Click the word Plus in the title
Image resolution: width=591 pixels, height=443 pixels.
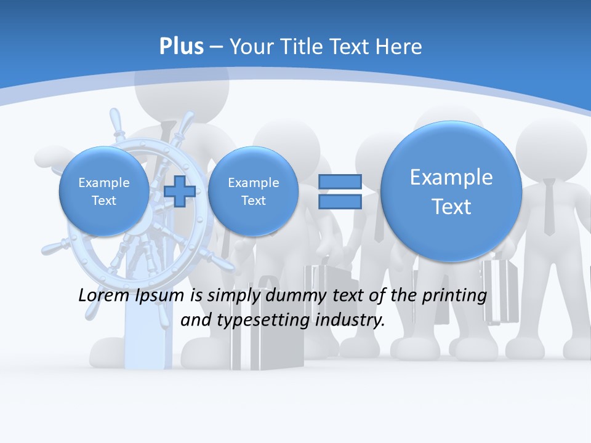pyautogui.click(x=181, y=47)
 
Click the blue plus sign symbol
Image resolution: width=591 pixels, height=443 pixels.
pyautogui.click(x=179, y=191)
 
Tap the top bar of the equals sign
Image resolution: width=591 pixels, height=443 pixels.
pyautogui.click(x=340, y=182)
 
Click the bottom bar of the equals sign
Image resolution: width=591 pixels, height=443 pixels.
pyautogui.click(x=340, y=201)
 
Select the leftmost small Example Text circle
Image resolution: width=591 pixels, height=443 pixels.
pyautogui.click(x=104, y=191)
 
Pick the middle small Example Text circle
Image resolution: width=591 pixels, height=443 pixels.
pyautogui.click(x=253, y=191)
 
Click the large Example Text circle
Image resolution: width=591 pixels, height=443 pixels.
pyautogui.click(x=451, y=191)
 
